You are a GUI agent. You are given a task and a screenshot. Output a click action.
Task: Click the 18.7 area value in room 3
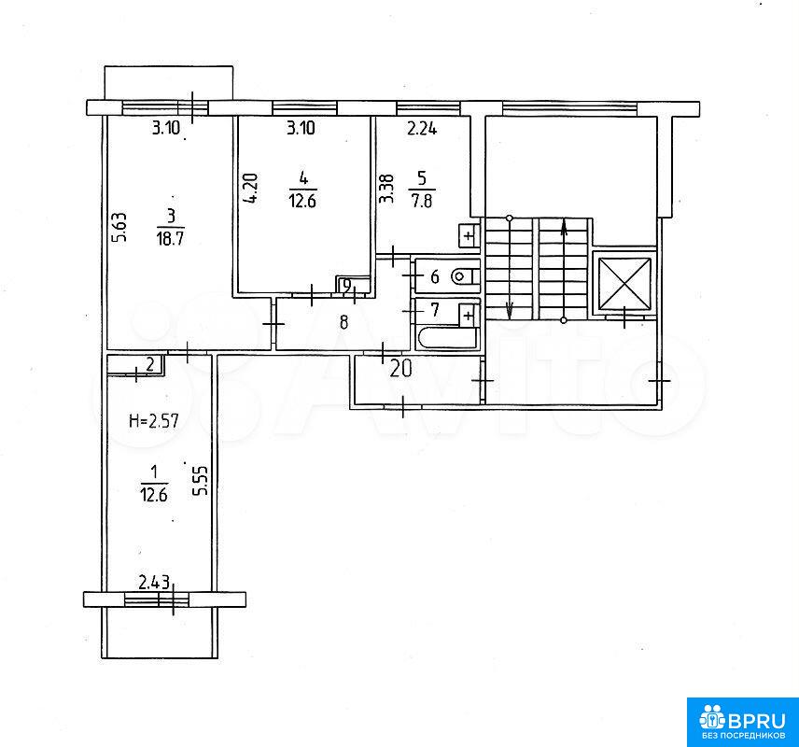[170, 239]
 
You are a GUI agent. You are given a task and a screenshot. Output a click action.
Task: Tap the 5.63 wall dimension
[119, 227]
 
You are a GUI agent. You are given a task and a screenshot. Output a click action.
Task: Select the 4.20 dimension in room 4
[251, 189]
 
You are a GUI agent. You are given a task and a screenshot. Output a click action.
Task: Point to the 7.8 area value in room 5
[422, 201]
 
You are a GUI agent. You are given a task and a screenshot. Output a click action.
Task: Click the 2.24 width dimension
[422, 129]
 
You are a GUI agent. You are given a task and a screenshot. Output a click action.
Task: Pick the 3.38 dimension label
[386, 189]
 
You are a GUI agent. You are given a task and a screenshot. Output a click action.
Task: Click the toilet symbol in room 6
[465, 277]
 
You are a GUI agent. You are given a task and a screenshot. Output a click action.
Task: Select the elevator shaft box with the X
[624, 284]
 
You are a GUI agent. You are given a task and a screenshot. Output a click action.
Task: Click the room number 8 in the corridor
[343, 322]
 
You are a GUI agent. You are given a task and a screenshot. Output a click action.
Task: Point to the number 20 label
[400, 369]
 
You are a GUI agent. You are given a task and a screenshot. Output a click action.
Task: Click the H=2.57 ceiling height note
[154, 421]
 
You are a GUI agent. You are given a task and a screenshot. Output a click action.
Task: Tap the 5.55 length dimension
[202, 480]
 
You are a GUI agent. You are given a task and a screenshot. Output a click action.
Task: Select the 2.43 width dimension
[154, 583]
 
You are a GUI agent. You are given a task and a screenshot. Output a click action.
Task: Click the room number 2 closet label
[149, 364]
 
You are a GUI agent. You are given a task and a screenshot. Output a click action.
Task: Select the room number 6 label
[435, 277]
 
